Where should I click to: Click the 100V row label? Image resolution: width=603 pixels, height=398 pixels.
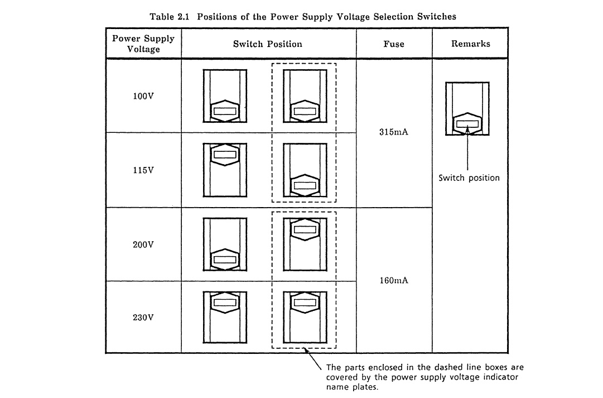tap(143, 96)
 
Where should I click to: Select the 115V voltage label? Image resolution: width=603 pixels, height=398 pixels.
tap(143, 170)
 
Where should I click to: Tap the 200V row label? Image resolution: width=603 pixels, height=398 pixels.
tap(143, 244)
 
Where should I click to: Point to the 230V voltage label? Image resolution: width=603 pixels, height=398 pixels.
tap(143, 318)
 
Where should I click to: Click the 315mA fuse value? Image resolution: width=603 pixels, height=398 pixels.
tap(394, 133)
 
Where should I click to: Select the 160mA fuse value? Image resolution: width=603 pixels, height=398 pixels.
tap(394, 280)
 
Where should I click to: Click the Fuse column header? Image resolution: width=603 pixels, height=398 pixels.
tap(394, 44)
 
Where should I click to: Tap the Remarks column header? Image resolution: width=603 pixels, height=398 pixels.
tap(470, 44)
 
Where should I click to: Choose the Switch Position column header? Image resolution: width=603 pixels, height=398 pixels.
tap(268, 44)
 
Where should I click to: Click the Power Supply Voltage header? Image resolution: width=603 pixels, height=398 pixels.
tap(143, 44)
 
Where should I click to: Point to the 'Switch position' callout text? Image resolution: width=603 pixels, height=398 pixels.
tap(469, 178)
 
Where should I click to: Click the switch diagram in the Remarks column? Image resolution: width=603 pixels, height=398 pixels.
tap(467, 109)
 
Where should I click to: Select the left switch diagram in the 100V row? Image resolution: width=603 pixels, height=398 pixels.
tap(225, 96)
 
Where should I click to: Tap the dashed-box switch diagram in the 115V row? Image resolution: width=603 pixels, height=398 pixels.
tap(305, 170)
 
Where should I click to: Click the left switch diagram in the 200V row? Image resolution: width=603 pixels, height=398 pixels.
tap(225, 244)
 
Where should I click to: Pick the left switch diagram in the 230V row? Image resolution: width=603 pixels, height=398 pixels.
tap(225, 317)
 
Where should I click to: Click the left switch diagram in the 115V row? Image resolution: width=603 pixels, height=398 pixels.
tap(225, 170)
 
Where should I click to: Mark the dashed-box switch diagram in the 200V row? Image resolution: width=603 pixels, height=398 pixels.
tap(305, 244)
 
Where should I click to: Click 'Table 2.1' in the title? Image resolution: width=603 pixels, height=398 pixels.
tap(167, 17)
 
